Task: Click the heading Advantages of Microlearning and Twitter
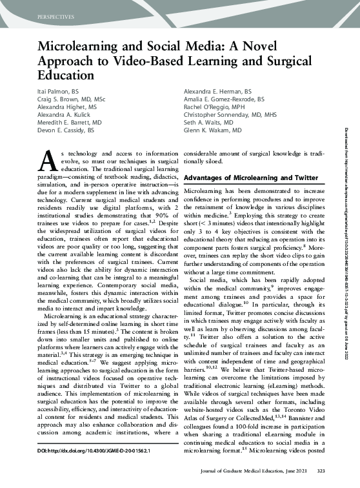click(x=250, y=178)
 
